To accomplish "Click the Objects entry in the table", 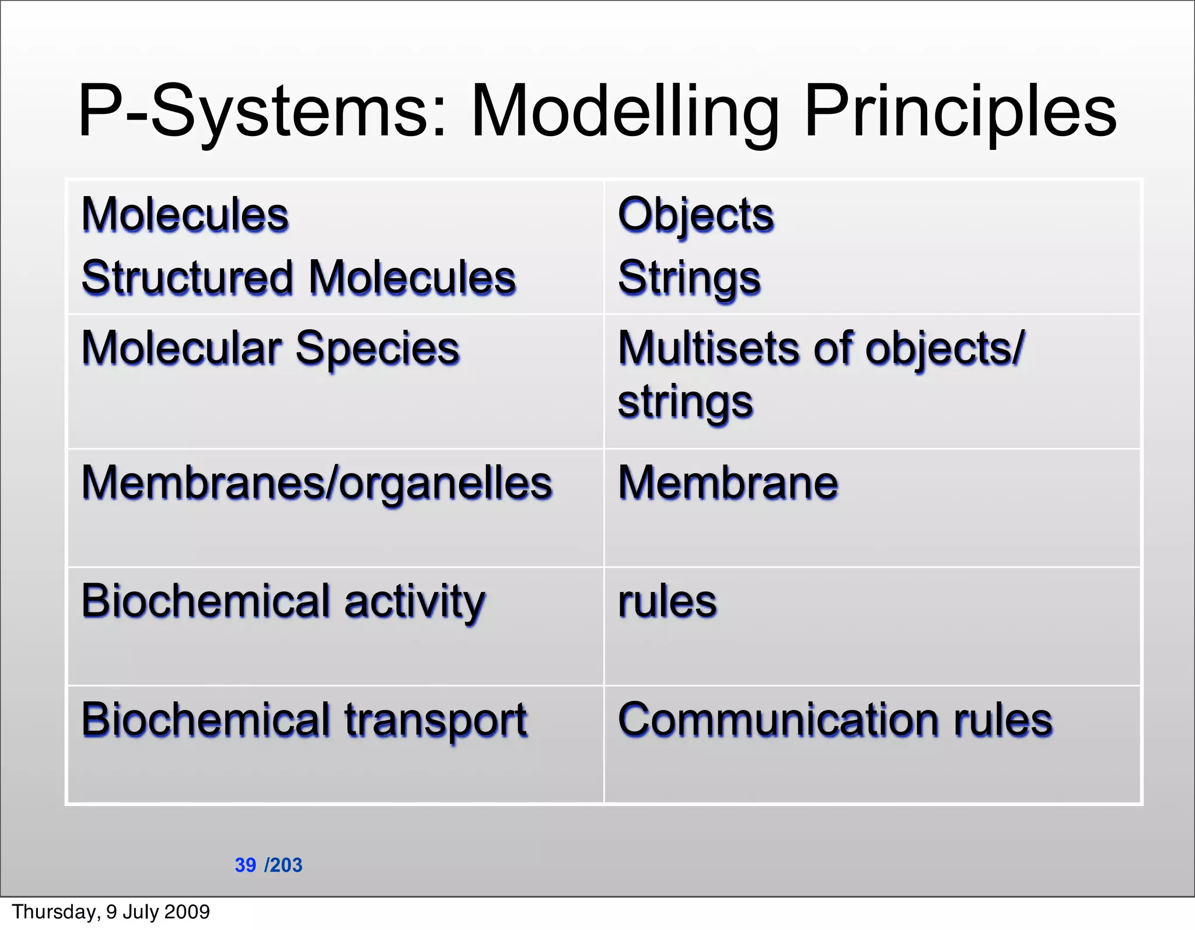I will [696, 215].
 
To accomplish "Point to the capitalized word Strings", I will [689, 278].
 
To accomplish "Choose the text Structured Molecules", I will [299, 278].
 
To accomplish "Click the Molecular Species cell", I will [271, 349].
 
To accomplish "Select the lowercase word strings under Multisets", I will [686, 402].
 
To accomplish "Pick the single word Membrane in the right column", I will [728, 483].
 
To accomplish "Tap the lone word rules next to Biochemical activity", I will [667, 601].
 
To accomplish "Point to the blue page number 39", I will [245, 865].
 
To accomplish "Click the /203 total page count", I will [284, 865].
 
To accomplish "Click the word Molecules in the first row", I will [185, 215].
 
